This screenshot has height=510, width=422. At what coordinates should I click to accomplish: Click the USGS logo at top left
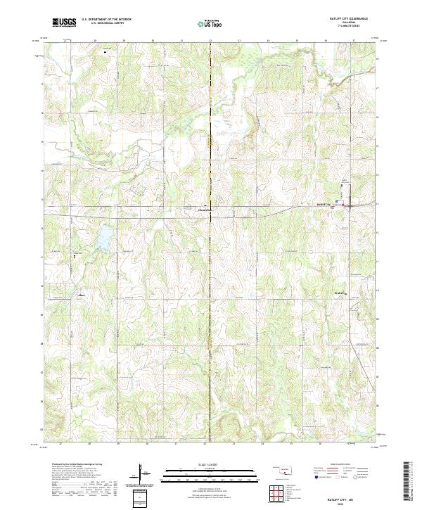pos(64,23)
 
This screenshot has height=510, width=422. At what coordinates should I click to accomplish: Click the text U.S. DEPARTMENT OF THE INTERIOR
pos(106,20)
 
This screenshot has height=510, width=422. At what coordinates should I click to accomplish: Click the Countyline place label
pos(204,210)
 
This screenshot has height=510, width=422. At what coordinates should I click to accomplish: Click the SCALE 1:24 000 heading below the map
pos(211,464)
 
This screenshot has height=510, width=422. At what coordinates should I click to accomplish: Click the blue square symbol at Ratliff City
pos(337,201)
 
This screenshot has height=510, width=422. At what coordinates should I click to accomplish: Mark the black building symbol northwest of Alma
pos(75,257)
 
